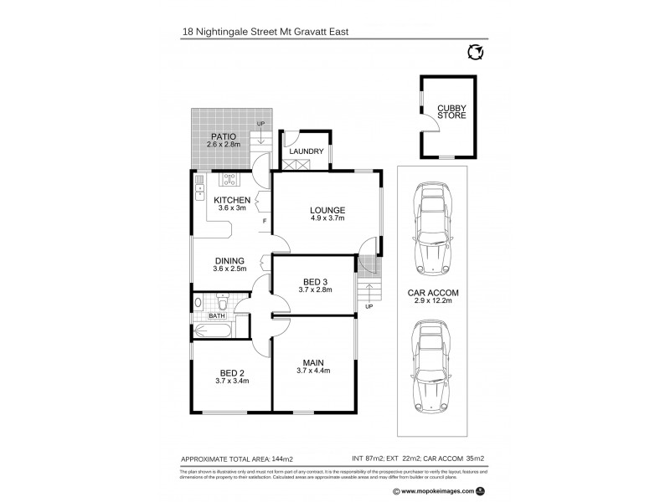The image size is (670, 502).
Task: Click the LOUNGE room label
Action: point(327,209)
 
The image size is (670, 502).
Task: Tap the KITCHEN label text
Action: point(232,199)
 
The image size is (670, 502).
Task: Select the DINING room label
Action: point(230,259)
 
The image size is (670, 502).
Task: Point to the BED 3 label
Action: point(316,281)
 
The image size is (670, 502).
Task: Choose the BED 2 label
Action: point(232,372)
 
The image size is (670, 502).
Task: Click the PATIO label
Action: point(223,136)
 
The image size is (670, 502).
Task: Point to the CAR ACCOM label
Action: point(432,294)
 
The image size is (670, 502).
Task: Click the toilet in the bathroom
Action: point(198,303)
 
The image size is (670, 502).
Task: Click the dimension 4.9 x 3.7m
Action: point(327,218)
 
